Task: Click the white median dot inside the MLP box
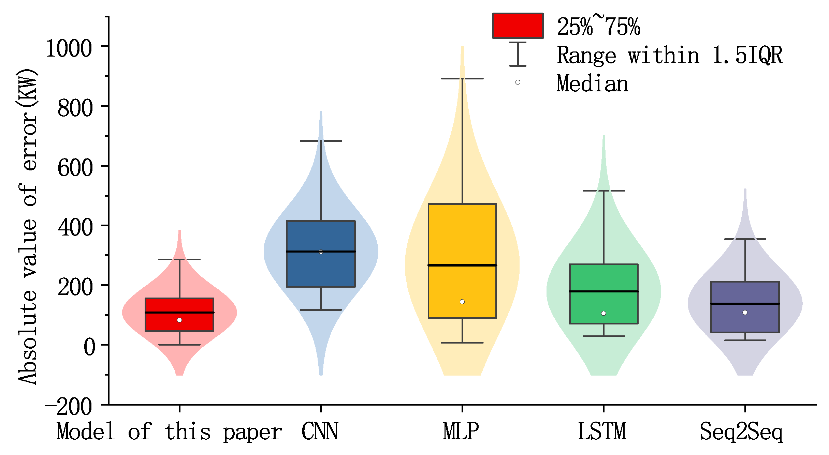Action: [x=462, y=302]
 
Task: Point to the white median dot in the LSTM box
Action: [x=603, y=313]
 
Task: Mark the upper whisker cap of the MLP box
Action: [x=462, y=78]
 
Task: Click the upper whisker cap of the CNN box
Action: [x=321, y=141]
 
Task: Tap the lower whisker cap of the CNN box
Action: [x=321, y=310]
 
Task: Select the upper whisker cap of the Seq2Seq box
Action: [x=745, y=239]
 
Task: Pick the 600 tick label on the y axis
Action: [x=75, y=168]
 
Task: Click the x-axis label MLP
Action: [x=461, y=431]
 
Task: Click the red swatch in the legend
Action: [x=518, y=26]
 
